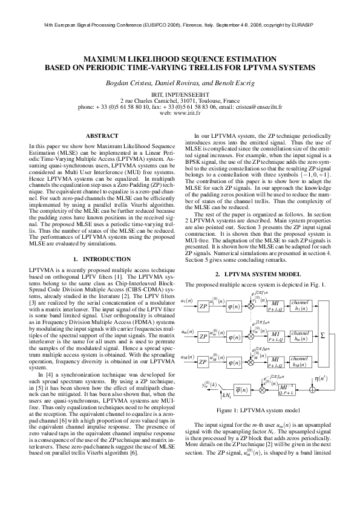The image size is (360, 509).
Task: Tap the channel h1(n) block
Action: click(299, 304)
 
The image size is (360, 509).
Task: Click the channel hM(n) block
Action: click(299, 363)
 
